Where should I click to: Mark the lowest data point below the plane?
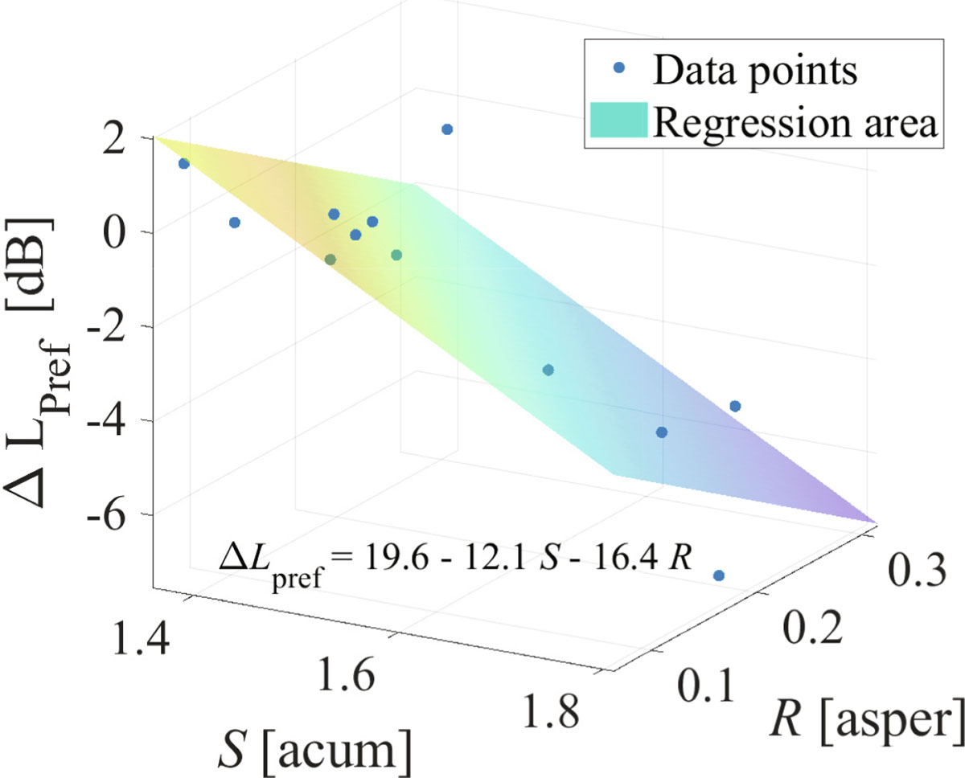[718, 575]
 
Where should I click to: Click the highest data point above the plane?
[447, 129]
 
